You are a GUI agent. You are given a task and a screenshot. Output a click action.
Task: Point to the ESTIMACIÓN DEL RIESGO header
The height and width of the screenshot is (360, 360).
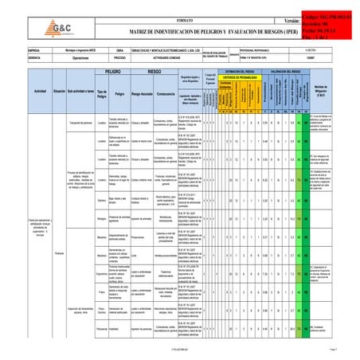tap(240, 71)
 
